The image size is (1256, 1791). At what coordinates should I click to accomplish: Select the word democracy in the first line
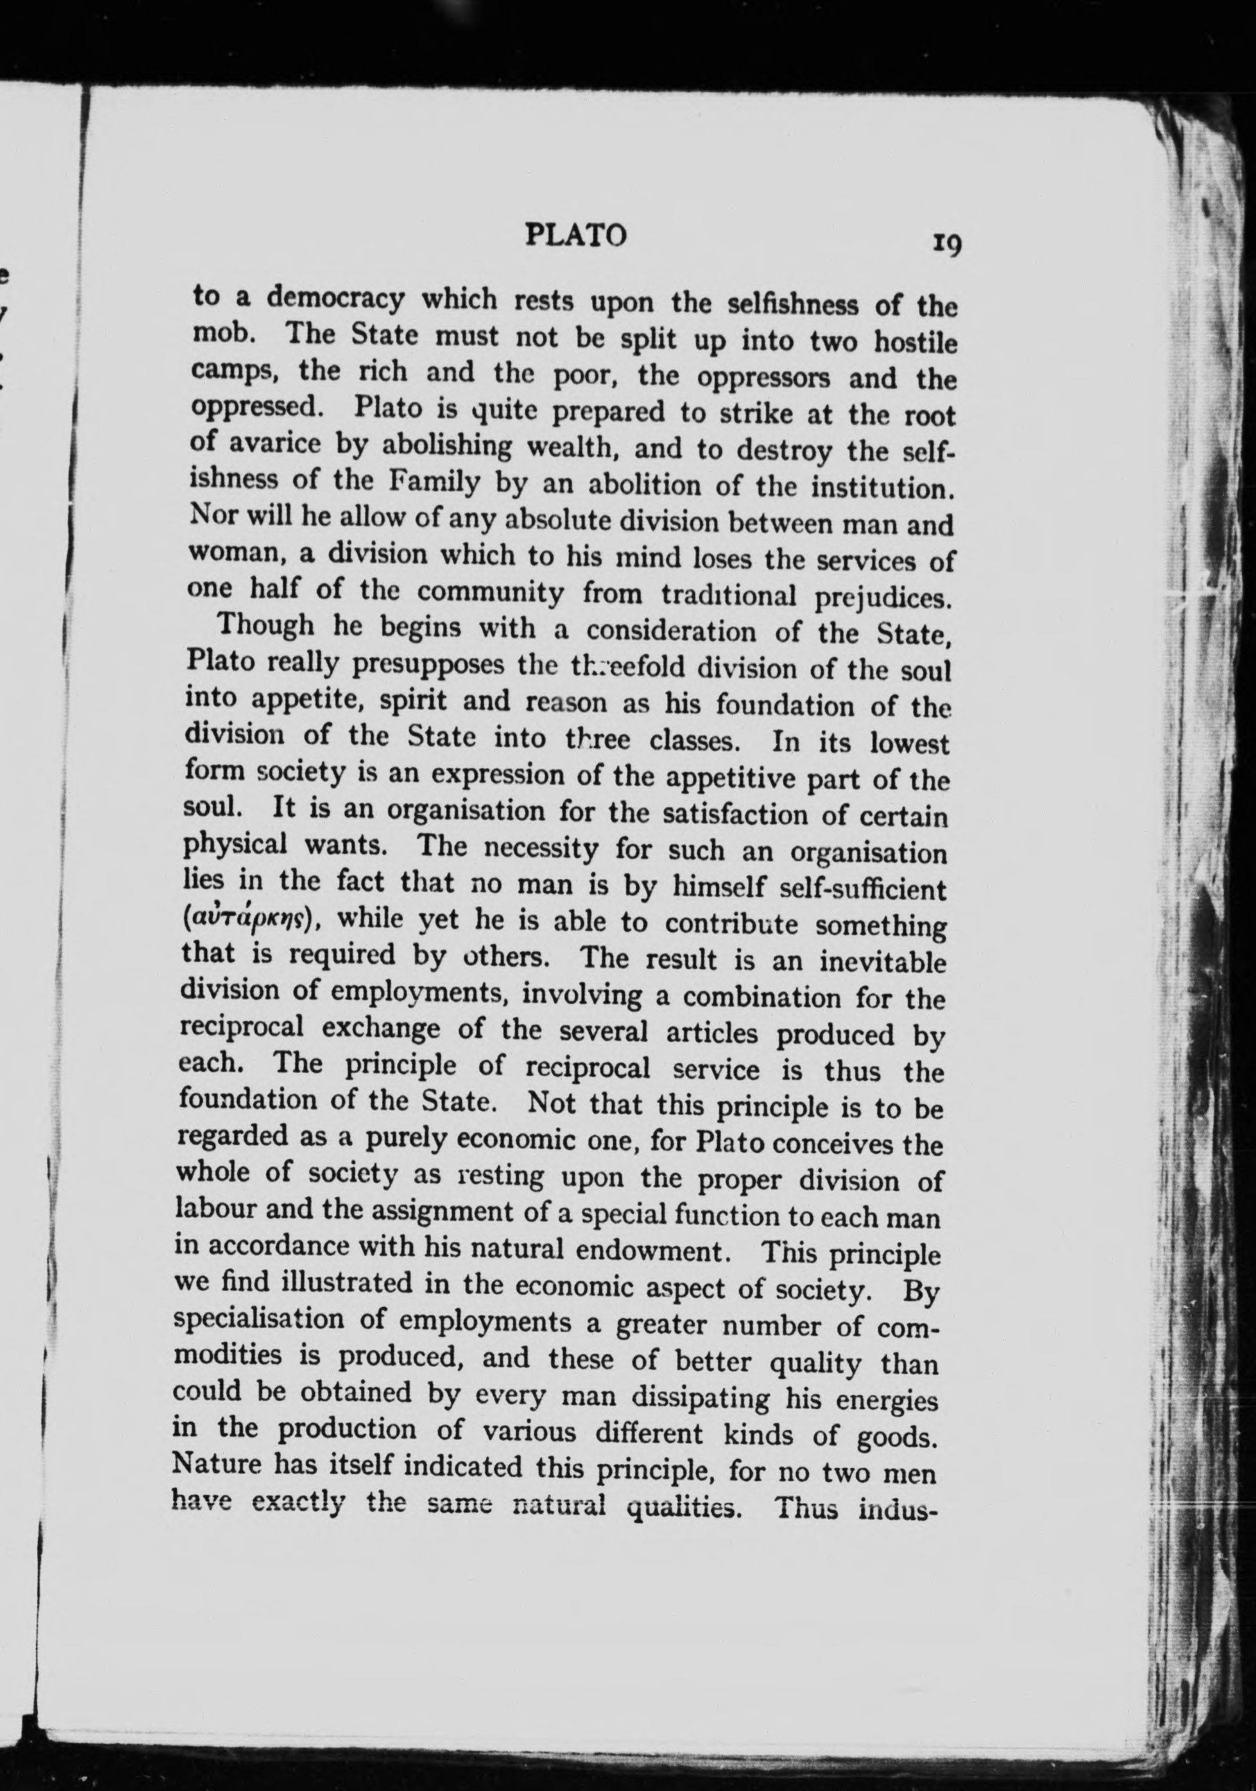335,299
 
